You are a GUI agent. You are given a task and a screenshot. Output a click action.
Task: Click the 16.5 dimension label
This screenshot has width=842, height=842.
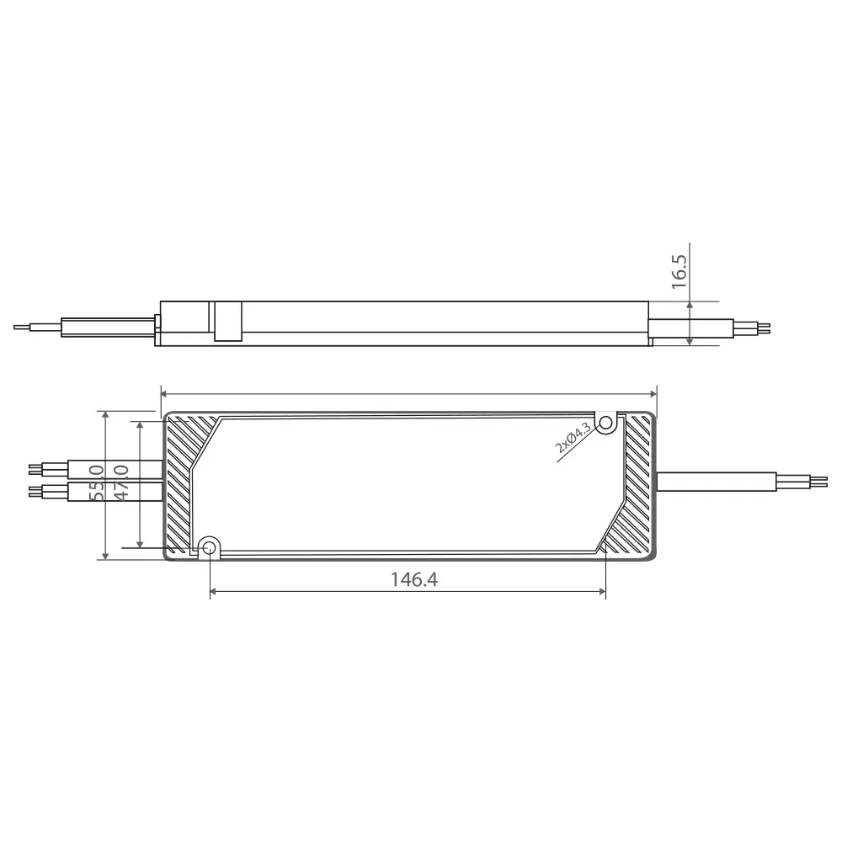coord(679,272)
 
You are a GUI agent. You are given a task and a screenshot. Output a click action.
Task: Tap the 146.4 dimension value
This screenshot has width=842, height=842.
coord(414,580)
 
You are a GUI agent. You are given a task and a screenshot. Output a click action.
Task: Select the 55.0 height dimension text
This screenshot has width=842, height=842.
coord(97,483)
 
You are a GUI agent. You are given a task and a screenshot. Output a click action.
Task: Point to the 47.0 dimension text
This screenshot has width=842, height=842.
coord(121,483)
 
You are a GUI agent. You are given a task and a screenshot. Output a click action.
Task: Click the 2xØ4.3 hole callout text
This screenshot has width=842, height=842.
coord(573,438)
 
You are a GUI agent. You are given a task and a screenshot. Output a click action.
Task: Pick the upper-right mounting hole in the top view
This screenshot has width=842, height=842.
coord(606,424)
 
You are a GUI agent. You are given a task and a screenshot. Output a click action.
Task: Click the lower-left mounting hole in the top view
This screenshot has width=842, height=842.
coord(209,548)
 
